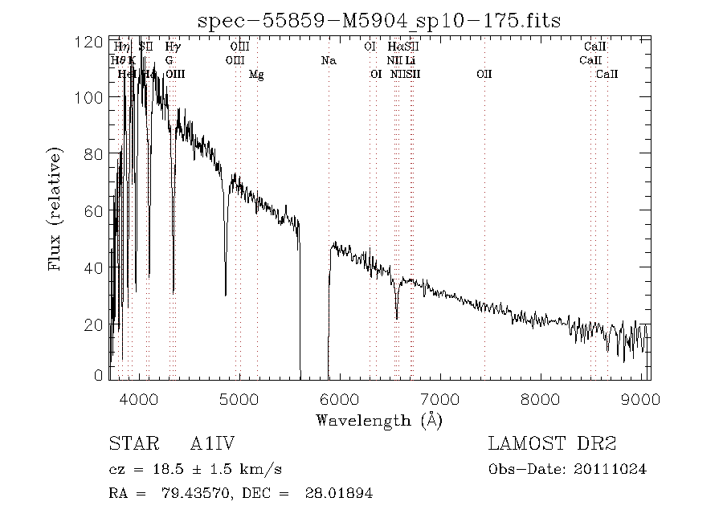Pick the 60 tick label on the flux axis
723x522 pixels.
[95, 211]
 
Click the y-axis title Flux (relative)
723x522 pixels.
[55, 209]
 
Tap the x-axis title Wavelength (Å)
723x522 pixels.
[379, 419]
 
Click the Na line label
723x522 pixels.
[328, 60]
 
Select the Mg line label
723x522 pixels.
[256, 74]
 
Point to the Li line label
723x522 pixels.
[410, 60]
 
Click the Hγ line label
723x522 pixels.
[173, 47]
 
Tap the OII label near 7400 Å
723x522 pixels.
[484, 74]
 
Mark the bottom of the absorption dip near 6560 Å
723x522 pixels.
[396, 318]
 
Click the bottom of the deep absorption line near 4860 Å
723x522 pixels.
[226, 295]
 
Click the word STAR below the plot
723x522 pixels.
[130, 444]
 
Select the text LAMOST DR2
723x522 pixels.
[551, 444]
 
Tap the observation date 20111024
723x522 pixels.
[614, 469]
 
